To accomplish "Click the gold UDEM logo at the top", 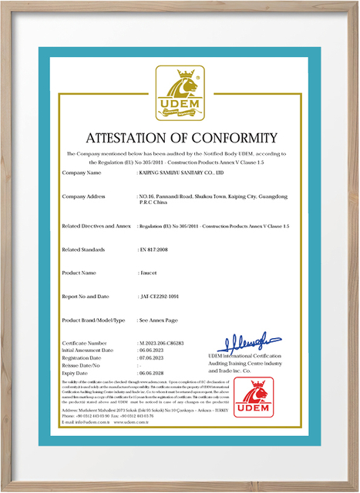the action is pyautogui.click(x=180, y=95).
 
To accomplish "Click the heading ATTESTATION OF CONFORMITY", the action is pyautogui.click(x=180, y=139).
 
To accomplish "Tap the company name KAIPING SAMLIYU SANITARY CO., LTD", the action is pyautogui.click(x=180, y=173).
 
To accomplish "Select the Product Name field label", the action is pyautogui.click(x=79, y=273).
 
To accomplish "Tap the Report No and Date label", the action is pyautogui.click(x=87, y=297).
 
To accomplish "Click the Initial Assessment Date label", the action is pyautogui.click(x=92, y=349).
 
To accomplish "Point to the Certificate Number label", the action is pyautogui.click(x=86, y=342).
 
